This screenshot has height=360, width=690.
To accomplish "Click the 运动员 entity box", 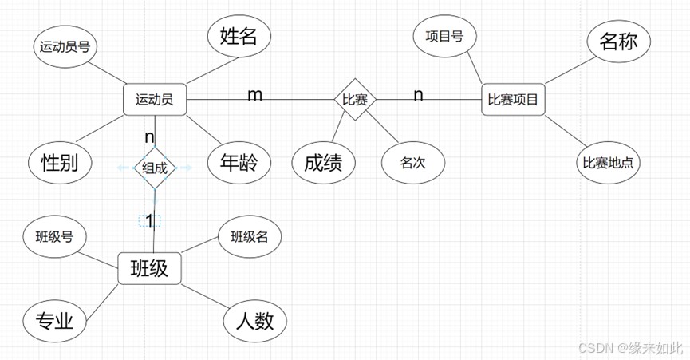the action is pyautogui.click(x=155, y=100).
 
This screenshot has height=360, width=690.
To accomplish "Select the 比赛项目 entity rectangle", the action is pyautogui.click(x=513, y=100).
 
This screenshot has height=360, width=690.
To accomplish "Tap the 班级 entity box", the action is pyautogui.click(x=150, y=268).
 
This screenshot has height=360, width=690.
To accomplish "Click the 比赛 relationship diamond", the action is pyautogui.click(x=355, y=100).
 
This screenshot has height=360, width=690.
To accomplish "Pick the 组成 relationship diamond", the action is pyautogui.click(x=155, y=168).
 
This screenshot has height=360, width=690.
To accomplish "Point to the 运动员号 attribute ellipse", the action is pyautogui.click(x=65, y=46).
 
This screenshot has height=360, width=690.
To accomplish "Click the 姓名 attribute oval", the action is pyautogui.click(x=239, y=36).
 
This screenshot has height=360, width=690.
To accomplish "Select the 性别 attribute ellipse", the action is pyautogui.click(x=60, y=162).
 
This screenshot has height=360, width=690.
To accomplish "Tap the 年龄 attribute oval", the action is pyautogui.click(x=239, y=162).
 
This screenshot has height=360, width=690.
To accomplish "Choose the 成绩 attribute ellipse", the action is pyautogui.click(x=323, y=163).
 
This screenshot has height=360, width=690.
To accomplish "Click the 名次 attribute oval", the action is pyautogui.click(x=413, y=163).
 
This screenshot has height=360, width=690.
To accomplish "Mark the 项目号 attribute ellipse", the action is pyautogui.click(x=445, y=36).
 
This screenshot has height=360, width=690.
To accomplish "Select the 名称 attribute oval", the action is pyautogui.click(x=619, y=42).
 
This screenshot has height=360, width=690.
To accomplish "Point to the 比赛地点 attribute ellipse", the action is pyautogui.click(x=608, y=163).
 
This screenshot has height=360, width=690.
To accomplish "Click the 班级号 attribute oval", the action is pyautogui.click(x=54, y=237).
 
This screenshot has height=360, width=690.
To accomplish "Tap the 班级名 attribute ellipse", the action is pyautogui.click(x=250, y=237).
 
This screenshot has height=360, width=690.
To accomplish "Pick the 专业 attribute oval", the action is pyautogui.click(x=54, y=321).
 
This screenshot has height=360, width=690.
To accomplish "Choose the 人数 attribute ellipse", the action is pyautogui.click(x=255, y=321).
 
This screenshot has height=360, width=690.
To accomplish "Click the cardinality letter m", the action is pyautogui.click(x=255, y=94).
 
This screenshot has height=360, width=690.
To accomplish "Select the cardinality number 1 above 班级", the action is pyautogui.click(x=150, y=220).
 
